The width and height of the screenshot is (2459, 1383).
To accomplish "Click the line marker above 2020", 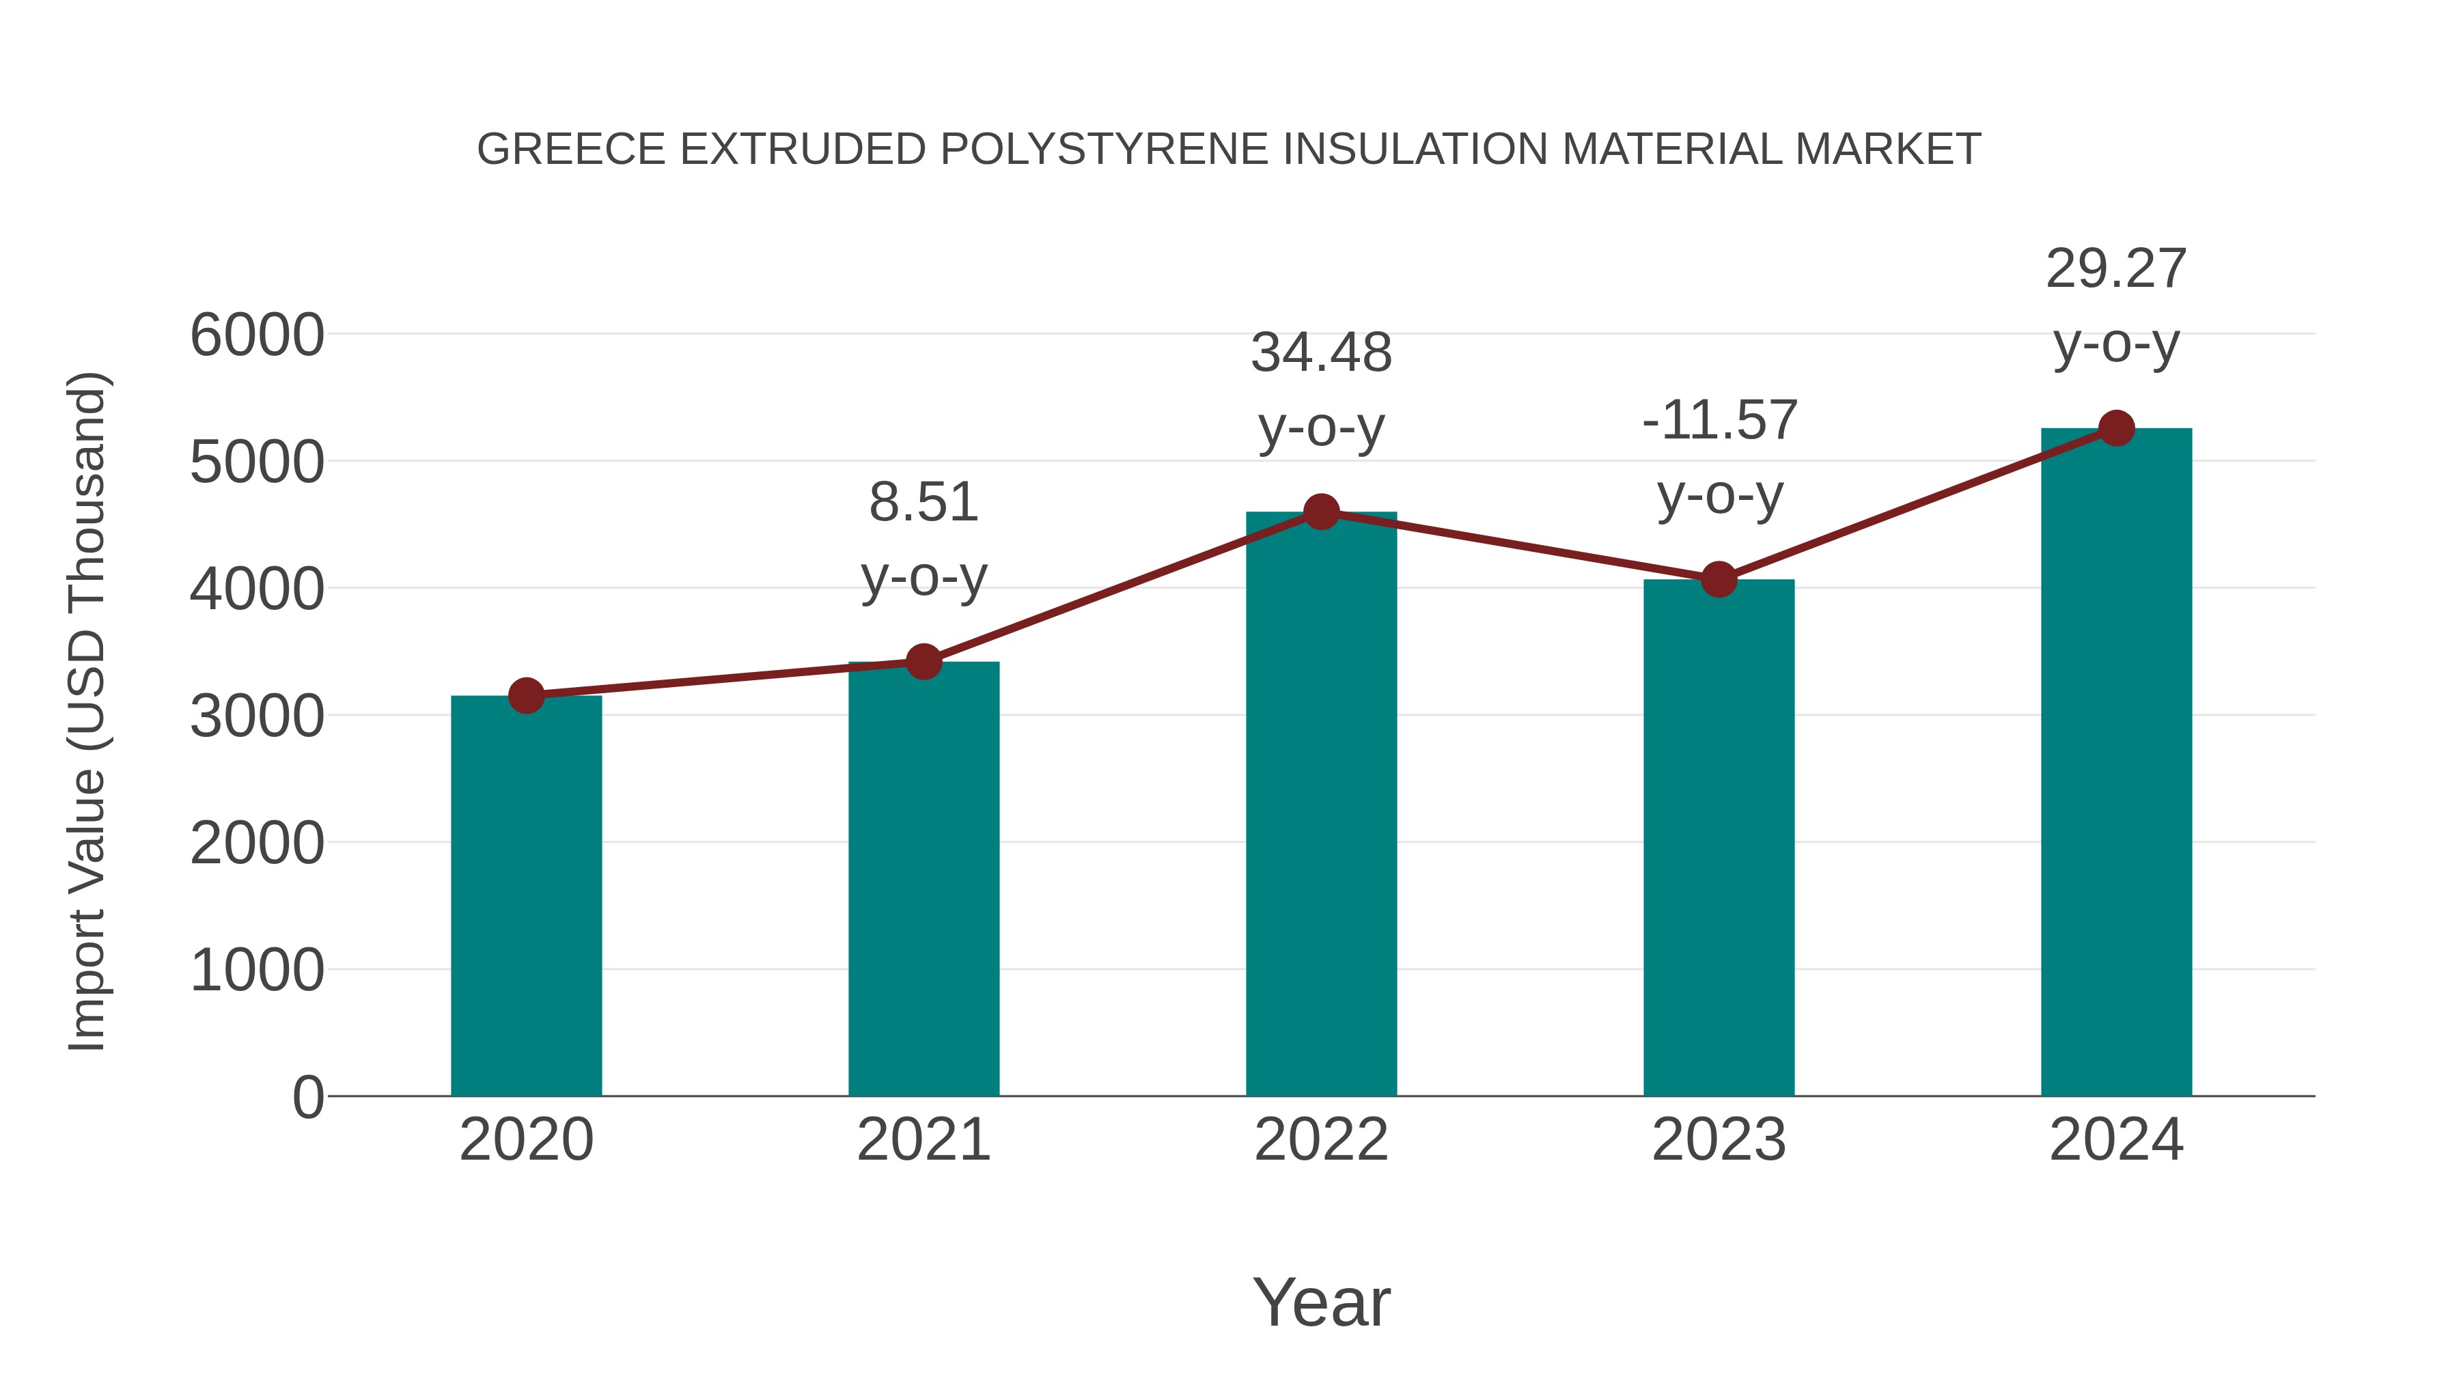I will tap(526, 696).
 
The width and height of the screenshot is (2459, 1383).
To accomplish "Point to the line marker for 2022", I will tap(1321, 512).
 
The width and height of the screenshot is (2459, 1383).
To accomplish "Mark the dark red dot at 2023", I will tap(1719, 579).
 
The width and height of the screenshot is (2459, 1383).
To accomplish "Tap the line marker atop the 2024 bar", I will tap(2116, 428).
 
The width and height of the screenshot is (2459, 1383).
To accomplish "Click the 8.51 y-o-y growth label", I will tap(923, 540).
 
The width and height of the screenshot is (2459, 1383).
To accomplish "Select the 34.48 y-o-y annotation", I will tap(1321, 389).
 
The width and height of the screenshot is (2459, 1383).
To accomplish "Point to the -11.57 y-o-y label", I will tap(1719, 457).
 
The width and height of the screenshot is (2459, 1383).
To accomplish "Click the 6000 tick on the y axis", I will tap(257, 336).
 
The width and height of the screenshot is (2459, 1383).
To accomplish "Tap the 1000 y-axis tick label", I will tap(257, 970).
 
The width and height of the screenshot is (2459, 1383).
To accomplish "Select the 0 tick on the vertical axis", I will tap(307, 1098).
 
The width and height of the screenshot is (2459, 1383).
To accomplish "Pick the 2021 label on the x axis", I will tap(923, 1140).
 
